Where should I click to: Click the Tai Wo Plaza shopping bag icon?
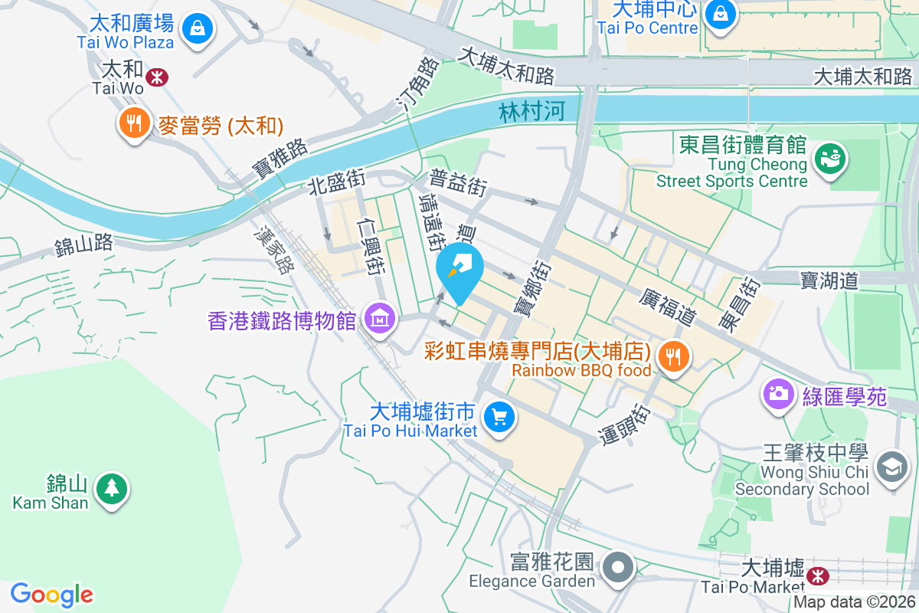pyautogui.click(x=198, y=30)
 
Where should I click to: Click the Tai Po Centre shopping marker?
pyautogui.click(x=720, y=13)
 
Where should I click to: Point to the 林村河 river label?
pyautogui.click(x=531, y=112)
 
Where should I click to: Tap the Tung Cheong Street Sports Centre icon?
pyautogui.click(x=828, y=158)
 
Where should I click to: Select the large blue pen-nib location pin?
pyautogui.click(x=459, y=271)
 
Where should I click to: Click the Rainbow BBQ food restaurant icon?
pyautogui.click(x=674, y=356)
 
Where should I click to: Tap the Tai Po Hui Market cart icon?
pyautogui.click(x=500, y=418)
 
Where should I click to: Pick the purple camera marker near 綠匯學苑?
pyautogui.click(x=779, y=395)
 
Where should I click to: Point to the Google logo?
pyautogui.click(x=52, y=595)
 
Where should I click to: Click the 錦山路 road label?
pyautogui.click(x=84, y=245)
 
